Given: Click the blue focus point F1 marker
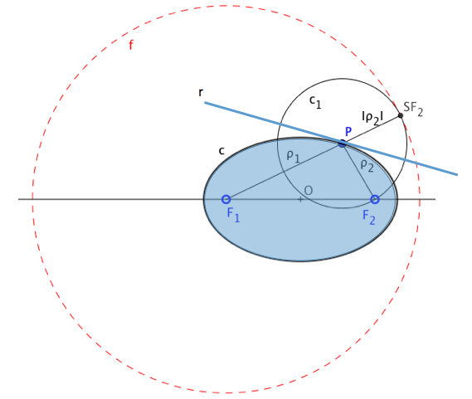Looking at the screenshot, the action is pyautogui.click(x=226, y=199).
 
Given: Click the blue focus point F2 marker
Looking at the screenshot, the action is pyautogui.click(x=375, y=199).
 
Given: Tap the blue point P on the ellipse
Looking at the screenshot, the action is pyautogui.click(x=343, y=143).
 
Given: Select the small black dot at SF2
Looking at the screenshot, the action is pyautogui.click(x=401, y=115).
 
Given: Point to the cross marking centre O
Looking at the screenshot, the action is pyautogui.click(x=300, y=199).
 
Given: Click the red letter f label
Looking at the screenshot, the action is pyautogui.click(x=131, y=45).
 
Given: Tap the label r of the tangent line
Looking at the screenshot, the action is pyautogui.click(x=201, y=92).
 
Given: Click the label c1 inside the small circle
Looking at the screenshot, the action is pyautogui.click(x=315, y=102).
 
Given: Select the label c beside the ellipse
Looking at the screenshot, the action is pyautogui.click(x=221, y=151).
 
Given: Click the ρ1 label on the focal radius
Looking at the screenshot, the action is pyautogui.click(x=294, y=156).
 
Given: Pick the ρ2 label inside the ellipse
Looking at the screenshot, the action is pyautogui.click(x=367, y=166).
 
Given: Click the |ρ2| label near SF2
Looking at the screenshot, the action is pyautogui.click(x=372, y=118).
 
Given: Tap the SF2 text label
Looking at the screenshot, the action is pyautogui.click(x=413, y=109).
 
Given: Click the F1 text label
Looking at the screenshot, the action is pyautogui.click(x=233, y=215).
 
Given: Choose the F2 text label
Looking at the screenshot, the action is pyautogui.click(x=369, y=217).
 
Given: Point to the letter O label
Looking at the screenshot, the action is pyautogui.click(x=309, y=190).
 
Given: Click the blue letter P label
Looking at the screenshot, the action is pyautogui.click(x=348, y=132).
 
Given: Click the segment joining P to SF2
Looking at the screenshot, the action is pyautogui.click(x=372, y=129).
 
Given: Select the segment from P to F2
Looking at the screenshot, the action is pyautogui.click(x=358, y=171).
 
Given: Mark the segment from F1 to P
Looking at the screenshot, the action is pyautogui.click(x=285, y=171).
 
